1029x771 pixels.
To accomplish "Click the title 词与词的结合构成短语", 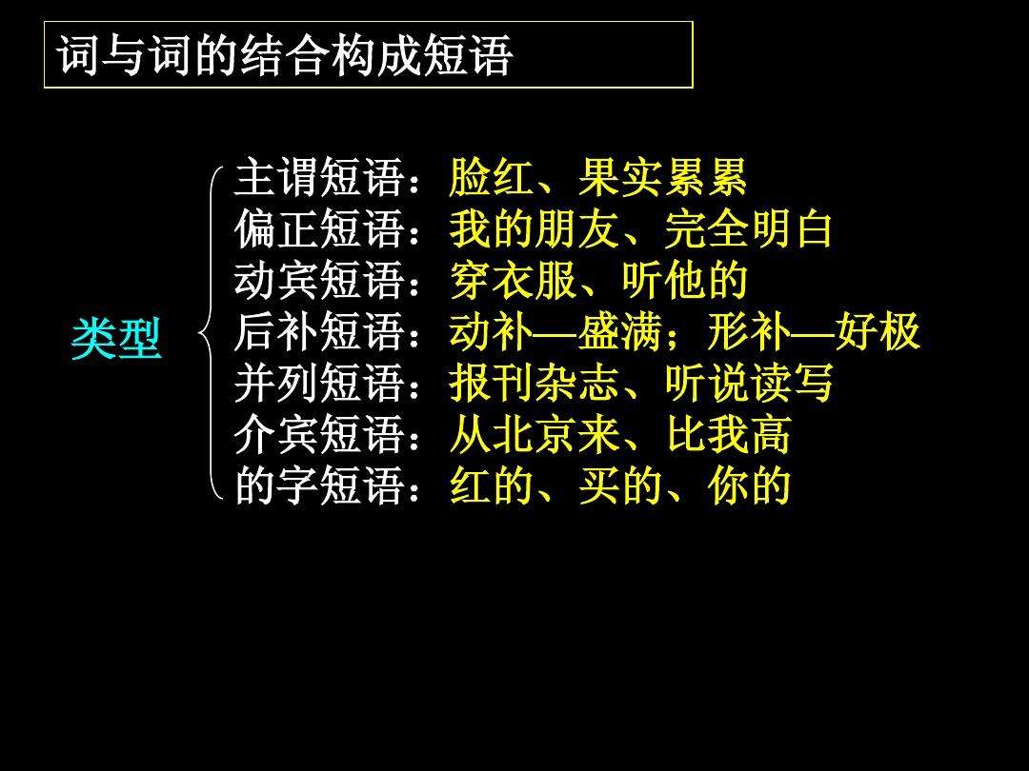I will point(286,56).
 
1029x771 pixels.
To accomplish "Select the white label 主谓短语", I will point(320,178).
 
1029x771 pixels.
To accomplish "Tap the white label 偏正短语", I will point(320,229).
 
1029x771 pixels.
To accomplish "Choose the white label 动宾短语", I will point(320,281).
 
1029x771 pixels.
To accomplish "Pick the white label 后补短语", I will point(320,332).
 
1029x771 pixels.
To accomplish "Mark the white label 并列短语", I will point(320,384).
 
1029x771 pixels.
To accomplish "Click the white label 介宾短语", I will point(320,435).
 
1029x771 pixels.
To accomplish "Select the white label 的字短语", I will point(320,486).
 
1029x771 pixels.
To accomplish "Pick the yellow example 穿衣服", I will point(514,281).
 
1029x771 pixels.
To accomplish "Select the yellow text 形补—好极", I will point(814,332).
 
